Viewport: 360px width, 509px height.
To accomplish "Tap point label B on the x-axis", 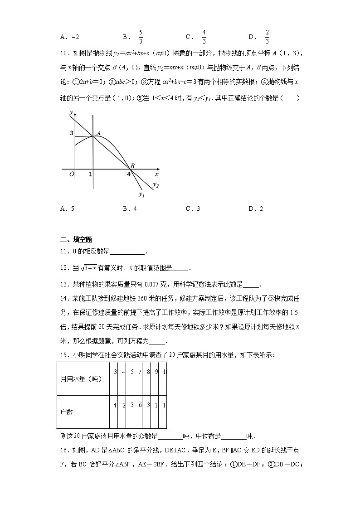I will [x=132, y=166].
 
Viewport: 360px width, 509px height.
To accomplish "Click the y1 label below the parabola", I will [x=141, y=194].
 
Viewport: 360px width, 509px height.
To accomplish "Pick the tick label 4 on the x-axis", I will [x=129, y=174].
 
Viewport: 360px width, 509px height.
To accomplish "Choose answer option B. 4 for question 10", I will [x=129, y=208].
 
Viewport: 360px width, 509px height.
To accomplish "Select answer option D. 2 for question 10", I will [x=256, y=208].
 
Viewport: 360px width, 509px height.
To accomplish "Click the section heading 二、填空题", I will [x=76, y=240].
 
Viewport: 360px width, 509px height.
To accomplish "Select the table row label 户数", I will [x=67, y=412].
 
